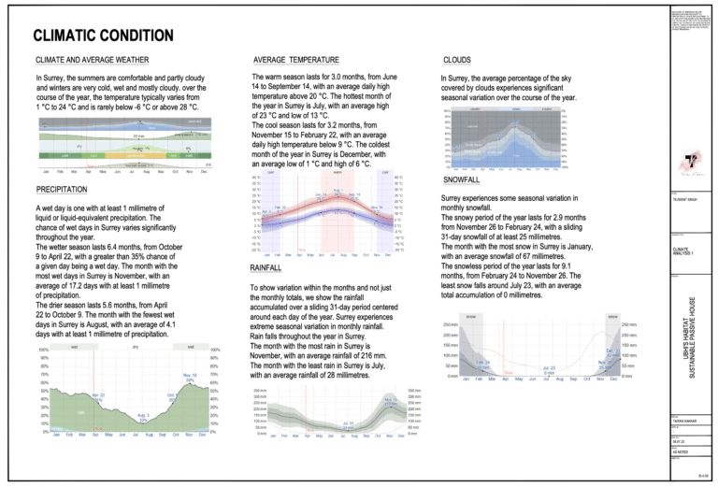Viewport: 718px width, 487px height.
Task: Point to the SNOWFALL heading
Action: (x=463, y=180)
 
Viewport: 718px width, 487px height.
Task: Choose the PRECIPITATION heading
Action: (x=63, y=192)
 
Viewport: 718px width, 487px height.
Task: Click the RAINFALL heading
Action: (x=270, y=268)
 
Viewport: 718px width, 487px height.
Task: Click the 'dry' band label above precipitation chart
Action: (x=136, y=347)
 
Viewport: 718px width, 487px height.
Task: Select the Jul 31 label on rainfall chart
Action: (x=348, y=425)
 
